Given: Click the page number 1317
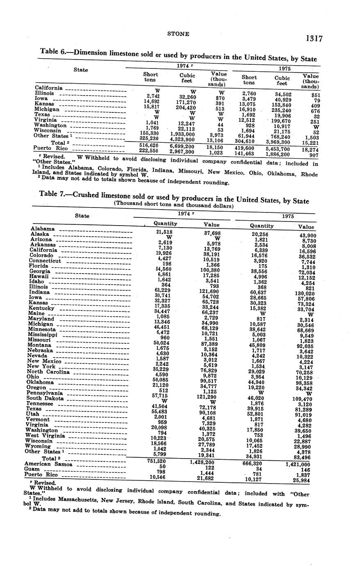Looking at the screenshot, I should (x=314, y=39).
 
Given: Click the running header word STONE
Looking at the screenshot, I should (x=178, y=34).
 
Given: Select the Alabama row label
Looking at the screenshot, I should (x=43, y=229).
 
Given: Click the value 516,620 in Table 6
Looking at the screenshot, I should (x=149, y=146).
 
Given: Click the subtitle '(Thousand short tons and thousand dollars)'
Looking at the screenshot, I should (x=173, y=205).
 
